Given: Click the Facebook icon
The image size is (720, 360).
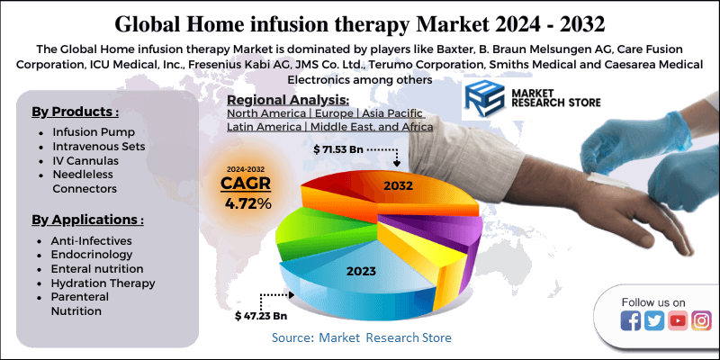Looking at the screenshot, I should click(x=631, y=320).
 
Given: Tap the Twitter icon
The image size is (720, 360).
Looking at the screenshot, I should click(x=654, y=320).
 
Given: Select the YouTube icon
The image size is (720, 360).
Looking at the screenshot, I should click(x=678, y=320).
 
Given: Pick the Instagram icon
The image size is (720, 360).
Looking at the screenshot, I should click(x=701, y=320).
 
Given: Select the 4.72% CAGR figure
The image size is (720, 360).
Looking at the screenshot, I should click(x=247, y=203).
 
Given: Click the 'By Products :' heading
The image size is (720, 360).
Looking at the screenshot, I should click(x=76, y=112).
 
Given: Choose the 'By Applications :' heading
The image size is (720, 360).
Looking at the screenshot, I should click(x=88, y=219).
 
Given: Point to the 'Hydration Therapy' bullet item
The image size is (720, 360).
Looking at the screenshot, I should click(x=103, y=283).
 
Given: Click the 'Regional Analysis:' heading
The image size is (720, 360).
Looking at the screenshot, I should click(x=289, y=100).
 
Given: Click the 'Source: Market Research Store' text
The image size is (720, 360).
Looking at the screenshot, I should click(x=362, y=337).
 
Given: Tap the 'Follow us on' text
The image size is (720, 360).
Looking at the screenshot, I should click(x=653, y=301).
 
